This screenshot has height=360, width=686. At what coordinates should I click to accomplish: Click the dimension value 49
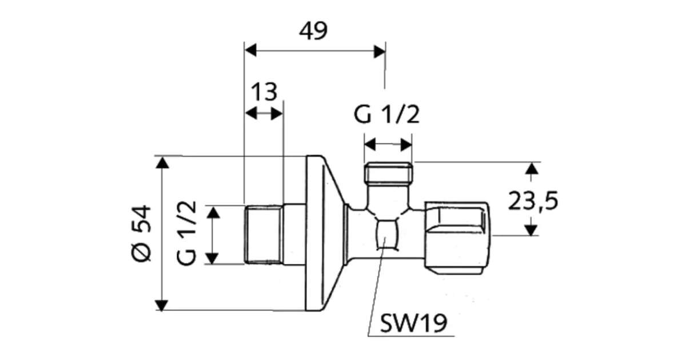[313, 31]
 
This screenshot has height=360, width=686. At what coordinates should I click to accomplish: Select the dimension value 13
[264, 92]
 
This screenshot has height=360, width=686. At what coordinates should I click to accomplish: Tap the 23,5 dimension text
[533, 201]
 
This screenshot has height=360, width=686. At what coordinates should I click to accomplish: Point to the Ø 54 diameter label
[142, 234]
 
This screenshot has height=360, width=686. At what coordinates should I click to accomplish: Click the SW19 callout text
[413, 323]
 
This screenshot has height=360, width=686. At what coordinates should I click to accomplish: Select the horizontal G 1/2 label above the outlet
[386, 114]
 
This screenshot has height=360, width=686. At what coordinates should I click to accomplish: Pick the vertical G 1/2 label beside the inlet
[186, 233]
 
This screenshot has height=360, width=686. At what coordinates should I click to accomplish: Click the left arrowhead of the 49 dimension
[250, 50]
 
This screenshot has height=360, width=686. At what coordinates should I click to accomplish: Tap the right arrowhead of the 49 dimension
[380, 51]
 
